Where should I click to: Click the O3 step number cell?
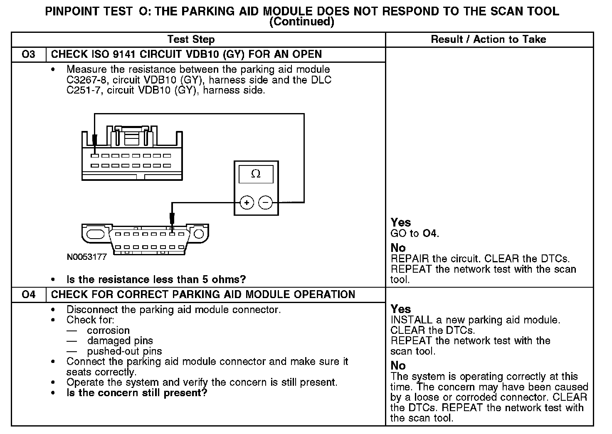[28, 54]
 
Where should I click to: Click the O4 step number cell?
[28, 295]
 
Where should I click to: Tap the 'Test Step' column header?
[191, 39]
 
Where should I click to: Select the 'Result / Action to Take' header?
[489, 39]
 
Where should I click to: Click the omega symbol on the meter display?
[256, 174]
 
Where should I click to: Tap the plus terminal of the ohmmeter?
[247, 203]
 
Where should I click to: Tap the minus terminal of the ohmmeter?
[266, 203]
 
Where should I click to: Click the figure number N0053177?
[86, 257]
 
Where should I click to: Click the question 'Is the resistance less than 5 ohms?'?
[156, 279]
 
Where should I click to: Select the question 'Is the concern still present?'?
[136, 393]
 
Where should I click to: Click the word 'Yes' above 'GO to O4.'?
[400, 222]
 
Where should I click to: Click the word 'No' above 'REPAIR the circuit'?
[398, 248]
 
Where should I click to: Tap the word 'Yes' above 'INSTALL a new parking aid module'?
[400, 309]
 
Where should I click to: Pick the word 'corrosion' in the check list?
[108, 330]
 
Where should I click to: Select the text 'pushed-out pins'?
[124, 351]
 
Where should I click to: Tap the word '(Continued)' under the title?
[301, 22]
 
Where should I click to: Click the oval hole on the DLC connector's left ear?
[96, 234]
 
